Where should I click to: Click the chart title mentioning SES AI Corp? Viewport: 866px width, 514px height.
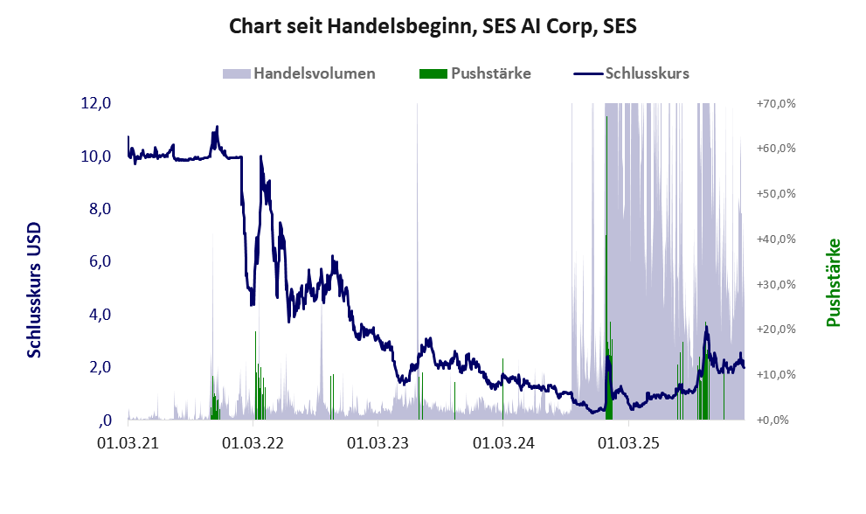(x=433, y=26)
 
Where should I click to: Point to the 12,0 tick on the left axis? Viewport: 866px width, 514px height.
(x=96, y=103)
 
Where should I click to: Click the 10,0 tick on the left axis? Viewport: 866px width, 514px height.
(x=96, y=156)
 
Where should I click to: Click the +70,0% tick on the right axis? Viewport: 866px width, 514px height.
(x=775, y=103)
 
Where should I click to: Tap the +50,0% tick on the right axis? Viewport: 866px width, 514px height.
(x=775, y=193)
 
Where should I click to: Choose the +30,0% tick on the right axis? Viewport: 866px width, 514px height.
(x=775, y=284)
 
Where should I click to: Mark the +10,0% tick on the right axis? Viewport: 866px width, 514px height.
(x=775, y=374)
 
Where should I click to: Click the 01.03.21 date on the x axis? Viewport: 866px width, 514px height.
(x=128, y=443)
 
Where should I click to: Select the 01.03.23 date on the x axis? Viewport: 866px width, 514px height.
(x=378, y=443)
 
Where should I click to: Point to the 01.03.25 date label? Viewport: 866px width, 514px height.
(x=627, y=443)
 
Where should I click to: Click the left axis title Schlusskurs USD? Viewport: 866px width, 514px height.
(x=35, y=288)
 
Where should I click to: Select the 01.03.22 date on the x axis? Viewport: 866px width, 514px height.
(x=253, y=443)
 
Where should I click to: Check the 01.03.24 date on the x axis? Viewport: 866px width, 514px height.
(x=502, y=443)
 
